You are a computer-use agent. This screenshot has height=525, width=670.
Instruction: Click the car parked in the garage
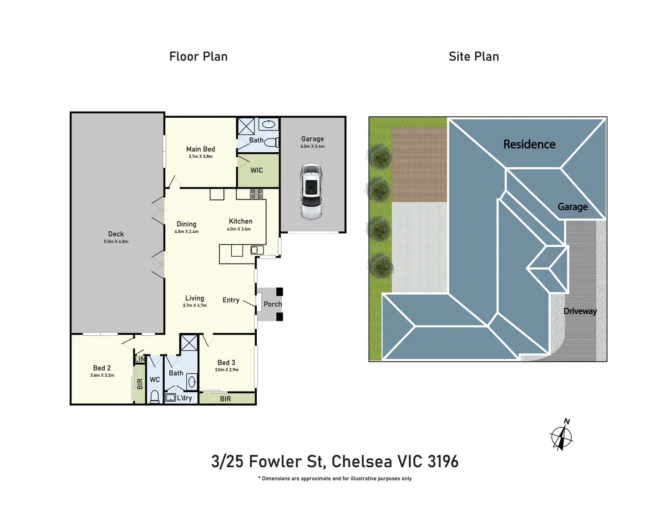311,191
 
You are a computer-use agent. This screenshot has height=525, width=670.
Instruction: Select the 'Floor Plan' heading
198,56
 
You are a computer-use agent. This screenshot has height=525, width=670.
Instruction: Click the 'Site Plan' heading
473,56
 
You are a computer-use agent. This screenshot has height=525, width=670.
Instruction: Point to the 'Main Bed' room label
200,149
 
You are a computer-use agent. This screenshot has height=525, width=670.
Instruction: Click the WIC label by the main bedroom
257,170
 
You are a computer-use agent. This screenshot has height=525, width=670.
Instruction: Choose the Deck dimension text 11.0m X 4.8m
116,241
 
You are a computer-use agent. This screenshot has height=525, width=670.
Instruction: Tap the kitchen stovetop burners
256,194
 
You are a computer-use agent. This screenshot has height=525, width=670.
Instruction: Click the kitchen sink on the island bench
257,250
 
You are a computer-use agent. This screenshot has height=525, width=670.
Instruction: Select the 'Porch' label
273,304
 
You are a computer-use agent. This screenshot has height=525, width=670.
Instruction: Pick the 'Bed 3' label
226,362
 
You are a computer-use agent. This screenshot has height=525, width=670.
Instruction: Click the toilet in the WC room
154,397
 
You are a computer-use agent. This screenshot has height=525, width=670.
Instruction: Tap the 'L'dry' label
184,398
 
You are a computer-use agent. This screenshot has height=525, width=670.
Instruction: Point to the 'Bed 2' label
102,368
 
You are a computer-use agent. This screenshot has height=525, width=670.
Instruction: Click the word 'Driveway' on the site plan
580,311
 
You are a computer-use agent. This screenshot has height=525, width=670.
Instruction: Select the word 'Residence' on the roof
529,144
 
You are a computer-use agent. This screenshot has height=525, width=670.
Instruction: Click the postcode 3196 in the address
443,461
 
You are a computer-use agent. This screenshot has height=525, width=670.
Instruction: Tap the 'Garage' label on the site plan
573,207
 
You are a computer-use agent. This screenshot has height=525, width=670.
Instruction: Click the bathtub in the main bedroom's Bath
269,124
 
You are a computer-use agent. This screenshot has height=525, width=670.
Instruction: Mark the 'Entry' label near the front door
231,300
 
